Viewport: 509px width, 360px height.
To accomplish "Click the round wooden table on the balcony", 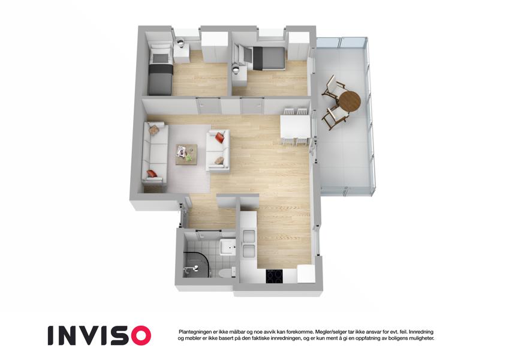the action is (x=350, y=100).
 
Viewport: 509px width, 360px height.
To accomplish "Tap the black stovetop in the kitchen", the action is (x=275, y=276).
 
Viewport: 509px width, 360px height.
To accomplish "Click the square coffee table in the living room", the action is (x=186, y=155).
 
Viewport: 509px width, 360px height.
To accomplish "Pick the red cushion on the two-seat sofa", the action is (x=220, y=137).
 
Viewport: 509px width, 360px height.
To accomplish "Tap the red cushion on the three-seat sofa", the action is (x=152, y=173).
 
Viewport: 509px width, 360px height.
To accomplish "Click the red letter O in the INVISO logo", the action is (x=138, y=335).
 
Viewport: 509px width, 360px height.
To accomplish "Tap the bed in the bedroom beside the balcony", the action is (x=266, y=58).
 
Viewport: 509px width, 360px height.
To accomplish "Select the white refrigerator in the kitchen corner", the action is (x=306, y=274).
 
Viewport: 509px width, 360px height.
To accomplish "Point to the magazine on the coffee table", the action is (x=182, y=151).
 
